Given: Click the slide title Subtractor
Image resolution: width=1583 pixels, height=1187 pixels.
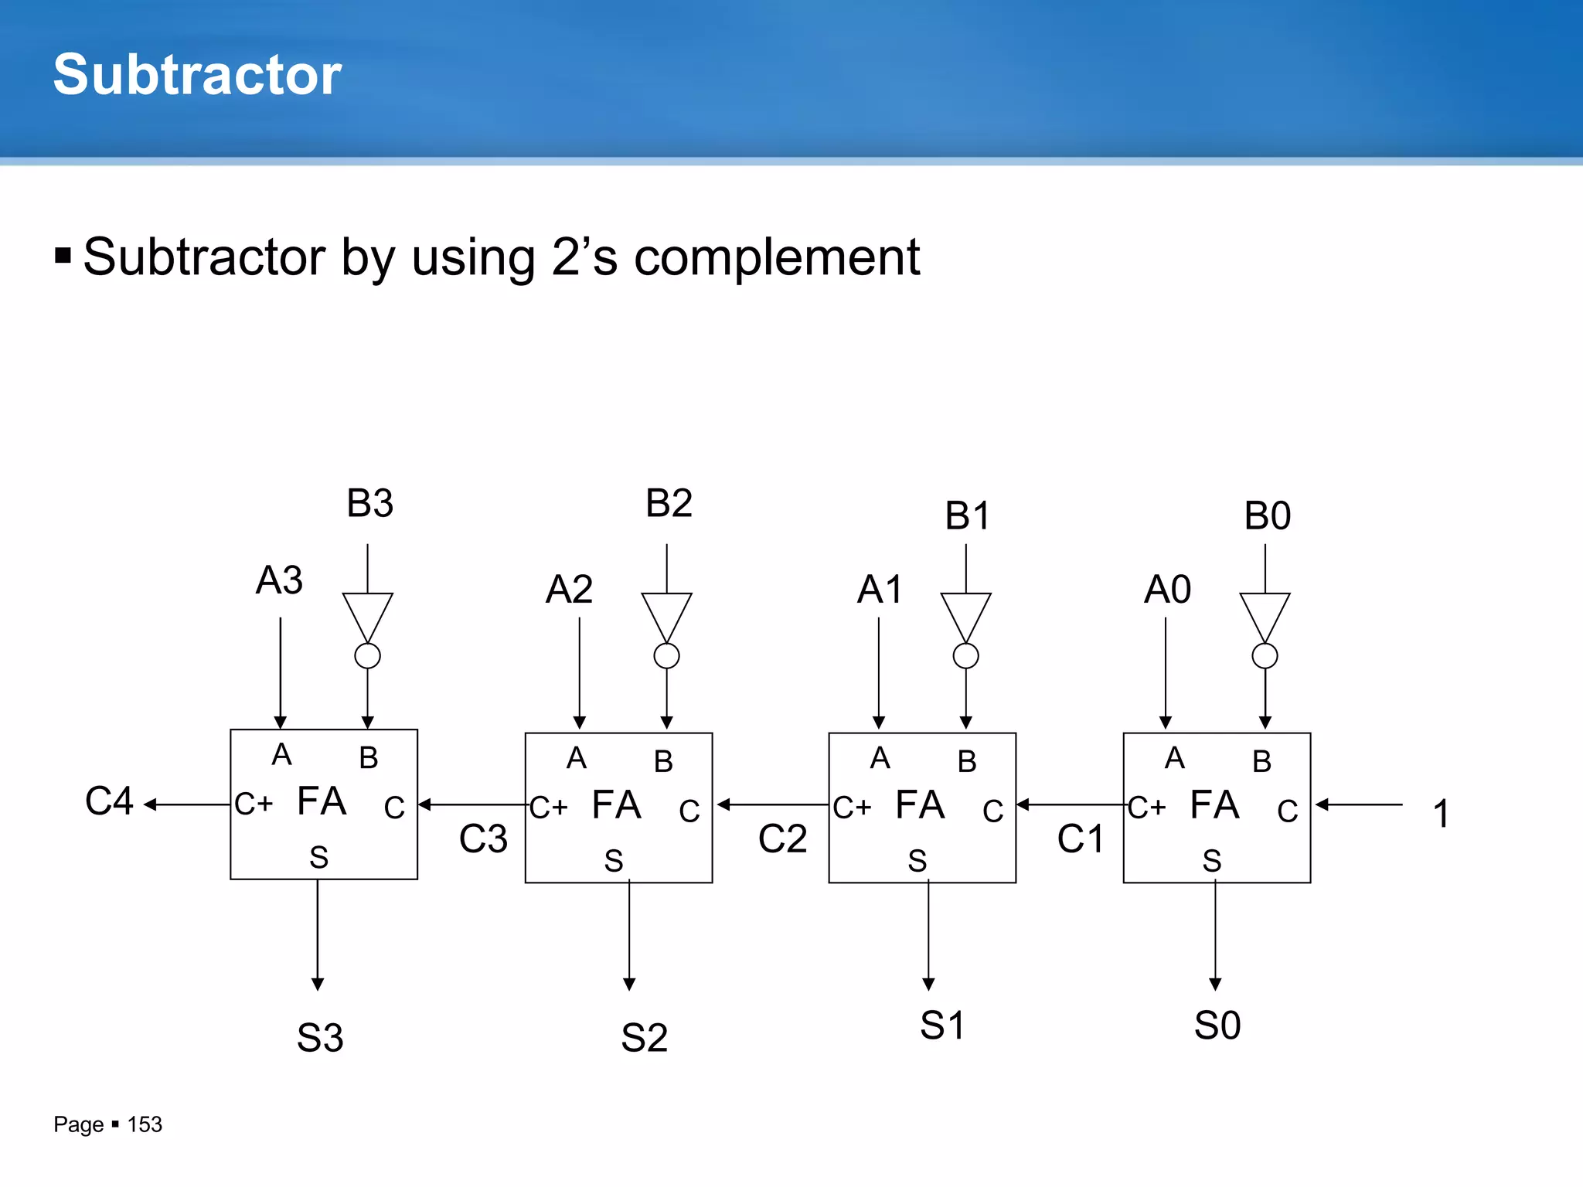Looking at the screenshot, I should tap(197, 75).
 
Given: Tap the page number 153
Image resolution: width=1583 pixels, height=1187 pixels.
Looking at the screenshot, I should tap(145, 1124).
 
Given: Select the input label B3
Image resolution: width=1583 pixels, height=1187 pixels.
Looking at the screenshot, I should tap(369, 503).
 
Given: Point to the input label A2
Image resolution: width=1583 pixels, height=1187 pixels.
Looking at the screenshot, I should tap(569, 590).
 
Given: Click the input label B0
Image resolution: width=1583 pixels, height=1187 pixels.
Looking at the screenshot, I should tap(1267, 515).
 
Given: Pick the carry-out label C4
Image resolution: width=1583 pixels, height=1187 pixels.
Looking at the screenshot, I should tap(109, 801).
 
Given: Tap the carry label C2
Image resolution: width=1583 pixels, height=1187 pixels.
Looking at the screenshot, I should tap(782, 839).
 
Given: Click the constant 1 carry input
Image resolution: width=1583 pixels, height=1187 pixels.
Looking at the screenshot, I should tap(1441, 814).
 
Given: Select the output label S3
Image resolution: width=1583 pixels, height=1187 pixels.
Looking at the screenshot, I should tap(320, 1038).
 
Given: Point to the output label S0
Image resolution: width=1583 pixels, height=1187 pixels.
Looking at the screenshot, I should tap(1217, 1026).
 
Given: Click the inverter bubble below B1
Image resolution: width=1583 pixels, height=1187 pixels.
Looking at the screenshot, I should tap(965, 656).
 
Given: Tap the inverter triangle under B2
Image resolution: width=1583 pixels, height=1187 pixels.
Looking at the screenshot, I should tap(666, 615).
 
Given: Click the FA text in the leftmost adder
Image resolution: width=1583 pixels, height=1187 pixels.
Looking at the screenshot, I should tap(322, 801).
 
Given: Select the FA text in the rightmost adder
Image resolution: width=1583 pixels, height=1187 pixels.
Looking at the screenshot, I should tap(1214, 805).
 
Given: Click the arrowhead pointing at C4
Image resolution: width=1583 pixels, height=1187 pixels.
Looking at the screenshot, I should tap(150, 804).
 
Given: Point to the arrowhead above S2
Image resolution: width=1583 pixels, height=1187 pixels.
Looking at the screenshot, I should tap(629, 984).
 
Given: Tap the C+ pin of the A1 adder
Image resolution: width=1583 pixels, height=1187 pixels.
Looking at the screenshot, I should tap(852, 808).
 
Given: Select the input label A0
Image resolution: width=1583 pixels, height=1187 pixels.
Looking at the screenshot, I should tap(1167, 590).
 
